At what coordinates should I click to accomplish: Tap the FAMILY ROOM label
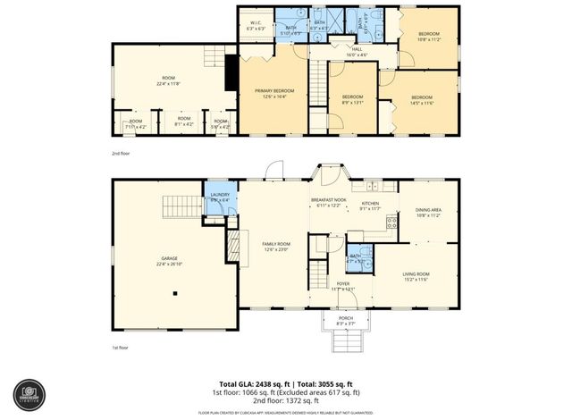click(275, 244)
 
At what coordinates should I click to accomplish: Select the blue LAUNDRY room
click(220, 198)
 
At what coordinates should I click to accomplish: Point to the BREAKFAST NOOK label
click(328, 201)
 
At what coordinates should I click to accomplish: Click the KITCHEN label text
click(370, 204)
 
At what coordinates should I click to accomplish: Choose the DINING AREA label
click(428, 211)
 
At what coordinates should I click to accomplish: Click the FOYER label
click(343, 283)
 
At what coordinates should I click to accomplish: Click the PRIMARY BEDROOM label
click(275, 91)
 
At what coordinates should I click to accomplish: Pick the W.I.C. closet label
click(255, 23)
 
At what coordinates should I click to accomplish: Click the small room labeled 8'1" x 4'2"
click(183, 121)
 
